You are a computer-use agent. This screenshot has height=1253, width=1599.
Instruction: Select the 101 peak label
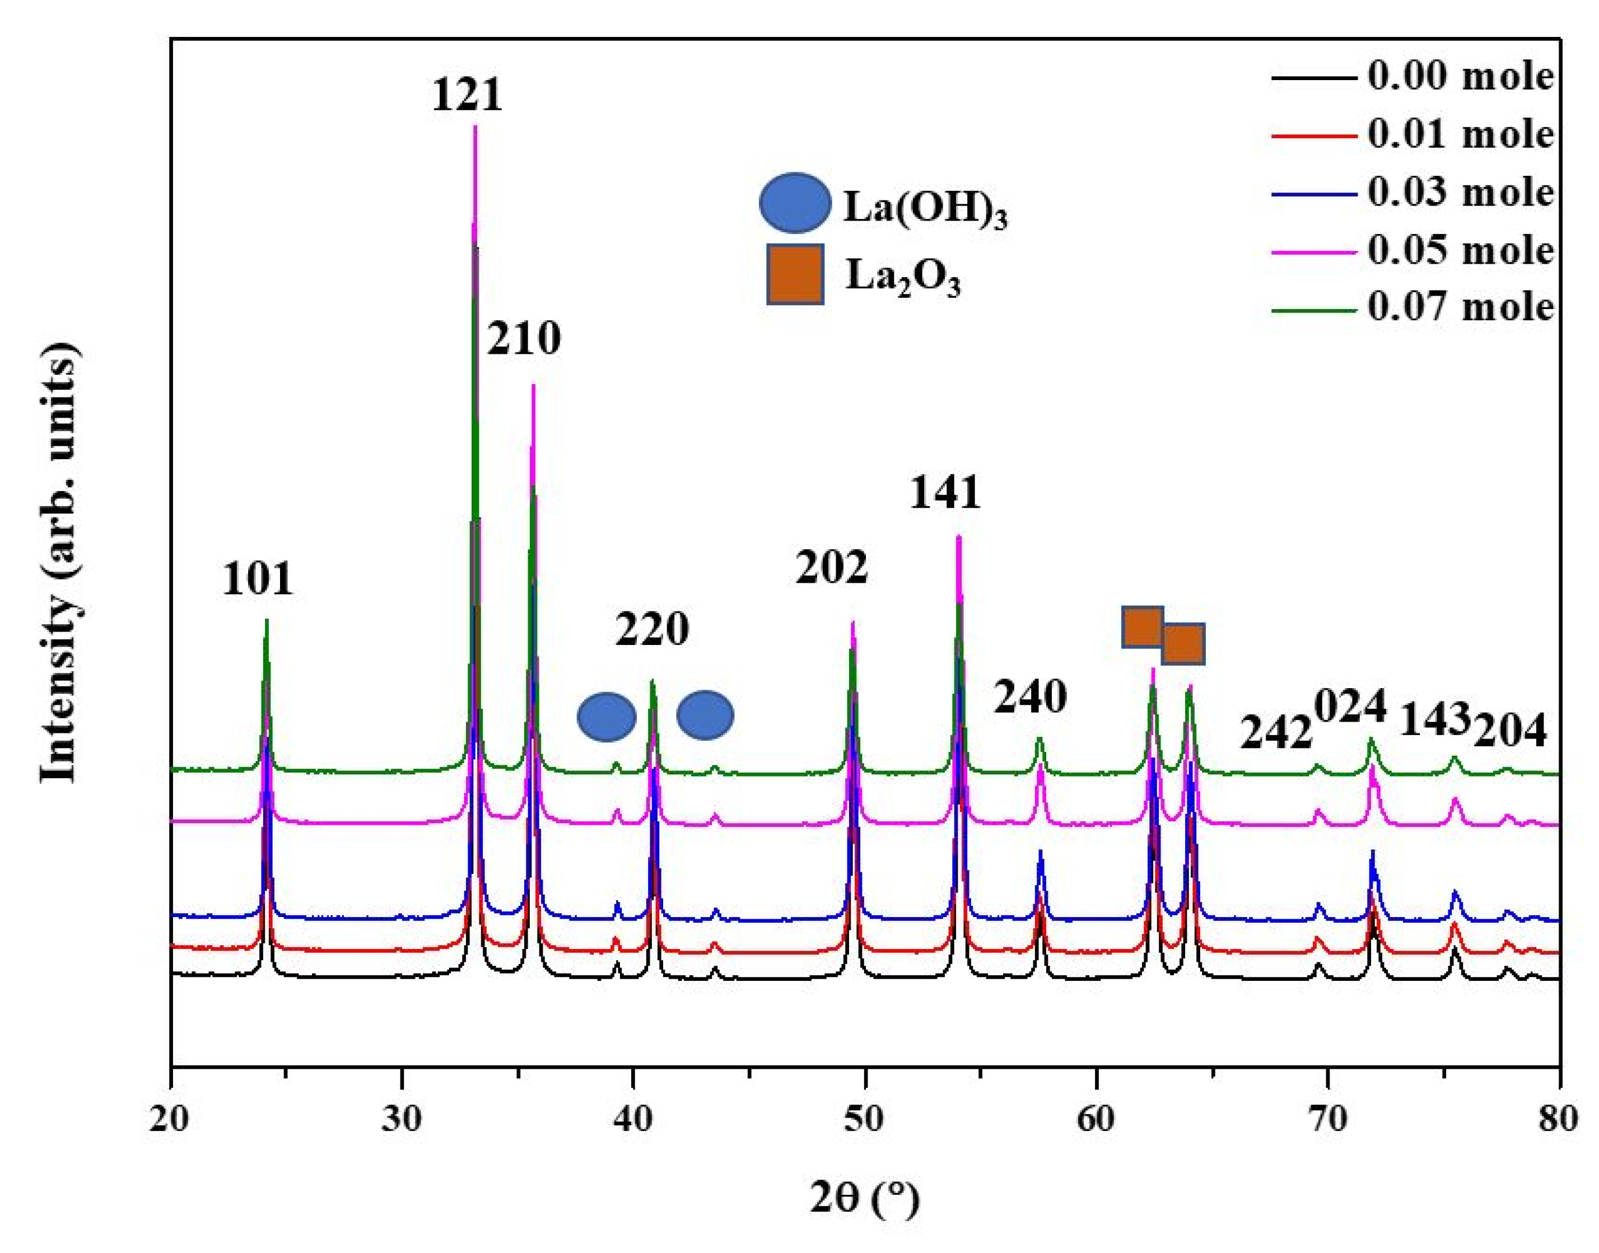click(x=258, y=579)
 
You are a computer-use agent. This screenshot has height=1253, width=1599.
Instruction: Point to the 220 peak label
click(x=651, y=629)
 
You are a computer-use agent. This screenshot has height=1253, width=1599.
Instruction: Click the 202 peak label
click(x=831, y=567)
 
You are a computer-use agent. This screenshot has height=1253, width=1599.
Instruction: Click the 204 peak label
click(x=1510, y=731)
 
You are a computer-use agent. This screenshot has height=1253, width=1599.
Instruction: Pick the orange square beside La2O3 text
click(x=795, y=274)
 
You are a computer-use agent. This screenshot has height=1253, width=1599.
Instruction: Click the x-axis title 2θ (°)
click(x=864, y=1200)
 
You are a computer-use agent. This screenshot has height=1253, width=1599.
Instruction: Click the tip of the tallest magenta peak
click(x=475, y=127)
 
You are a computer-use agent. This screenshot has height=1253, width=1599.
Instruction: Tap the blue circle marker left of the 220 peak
click(x=606, y=717)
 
